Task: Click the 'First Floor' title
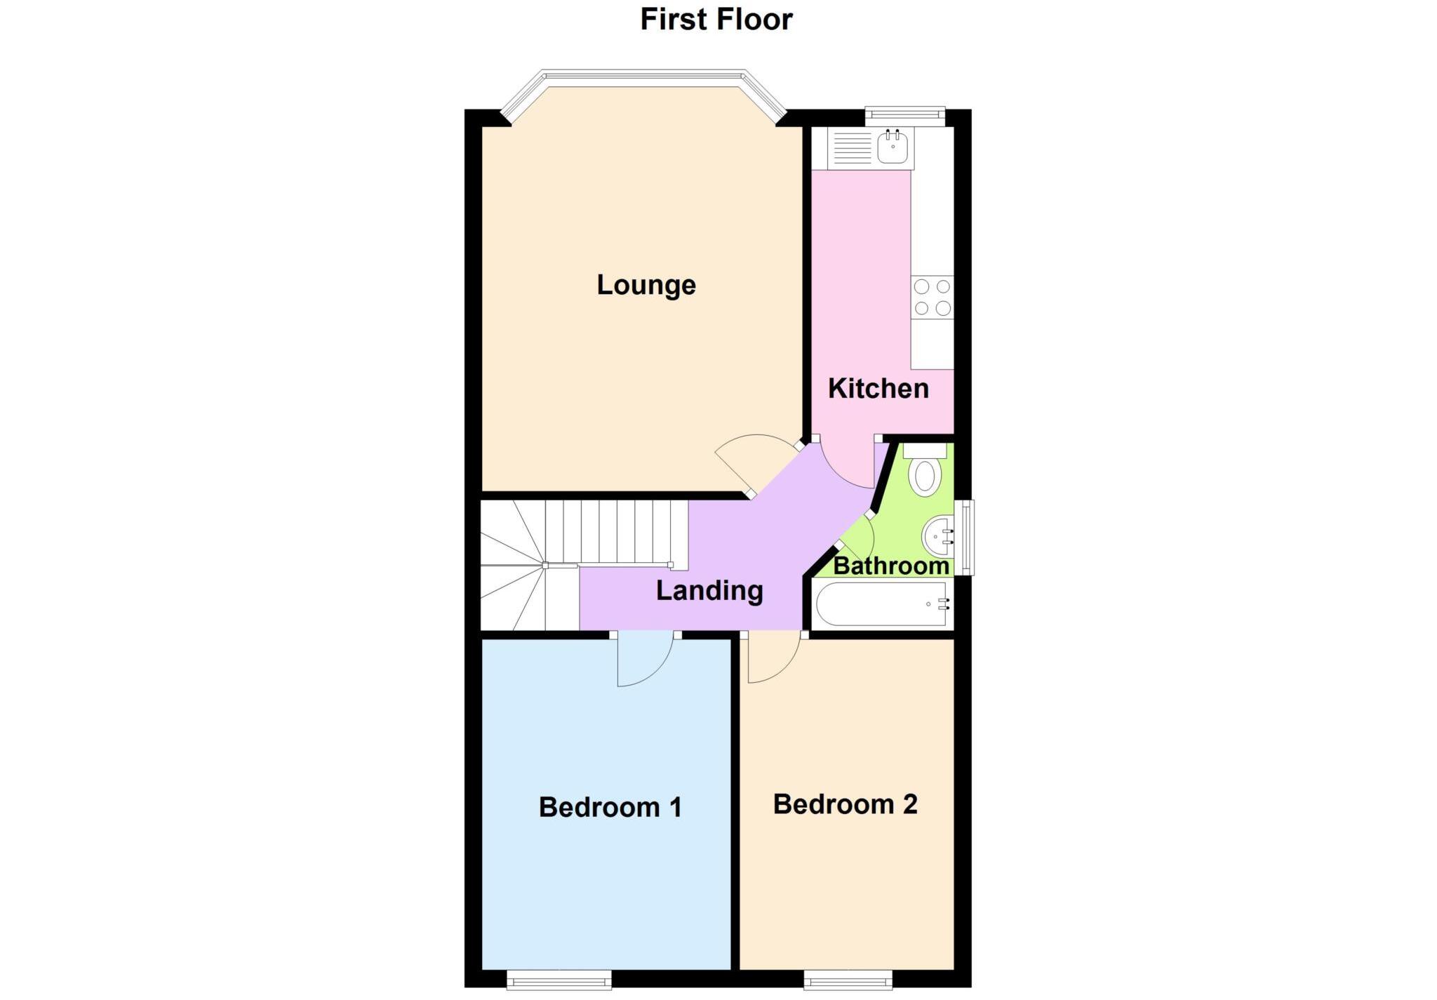[716, 20]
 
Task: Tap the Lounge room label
[646, 285]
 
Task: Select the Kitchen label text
[878, 388]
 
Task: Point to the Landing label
[709, 590]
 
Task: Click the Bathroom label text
[891, 566]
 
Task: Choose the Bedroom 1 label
[610, 807]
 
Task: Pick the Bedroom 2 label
[845, 804]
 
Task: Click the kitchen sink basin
[893, 148]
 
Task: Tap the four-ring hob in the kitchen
[932, 297]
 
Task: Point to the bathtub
[881, 604]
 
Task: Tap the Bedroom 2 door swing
[772, 660]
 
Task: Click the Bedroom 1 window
[559, 980]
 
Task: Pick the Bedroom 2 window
[848, 980]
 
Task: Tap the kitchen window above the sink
[904, 115]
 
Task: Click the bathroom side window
[968, 537]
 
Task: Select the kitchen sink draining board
[851, 148]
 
